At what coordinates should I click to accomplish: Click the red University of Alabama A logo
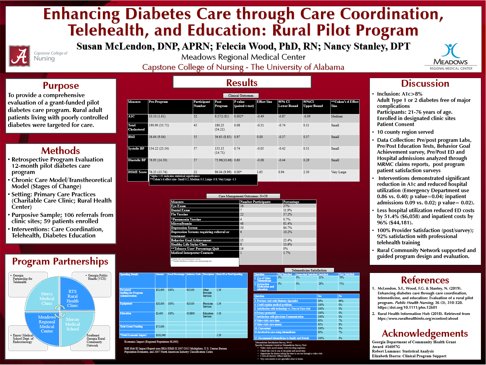pyautogui.click(x=19, y=56)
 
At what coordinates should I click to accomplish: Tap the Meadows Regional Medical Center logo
pyautogui.click(x=451, y=57)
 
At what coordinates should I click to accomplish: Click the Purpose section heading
pyautogui.click(x=61, y=86)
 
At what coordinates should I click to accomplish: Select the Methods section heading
pyautogui.click(x=60, y=150)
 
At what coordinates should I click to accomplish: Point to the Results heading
pyautogui.click(x=242, y=83)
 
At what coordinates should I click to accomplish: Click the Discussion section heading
pyautogui.click(x=425, y=83)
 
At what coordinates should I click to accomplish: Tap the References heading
pyautogui.click(x=425, y=280)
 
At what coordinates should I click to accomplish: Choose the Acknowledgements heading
pyautogui.click(x=425, y=333)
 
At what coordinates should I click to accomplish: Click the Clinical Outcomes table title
pyautogui.click(x=241, y=96)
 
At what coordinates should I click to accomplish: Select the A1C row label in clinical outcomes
pyautogui.click(x=131, y=117)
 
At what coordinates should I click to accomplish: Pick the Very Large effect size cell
pyautogui.click(x=339, y=172)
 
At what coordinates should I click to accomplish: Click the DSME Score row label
pyautogui.click(x=137, y=172)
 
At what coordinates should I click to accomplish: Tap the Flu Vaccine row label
pyautogui.click(x=179, y=215)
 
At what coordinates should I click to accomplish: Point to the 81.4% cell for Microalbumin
pyautogui.click(x=288, y=223)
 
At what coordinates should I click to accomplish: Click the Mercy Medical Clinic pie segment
pyautogui.click(x=47, y=299)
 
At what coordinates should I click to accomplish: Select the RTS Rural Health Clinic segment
pyautogui.click(x=72, y=298)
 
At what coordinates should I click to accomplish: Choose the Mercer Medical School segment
pyautogui.click(x=72, y=324)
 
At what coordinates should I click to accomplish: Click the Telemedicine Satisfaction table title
pyautogui.click(x=309, y=270)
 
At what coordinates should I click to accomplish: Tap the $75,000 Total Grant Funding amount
pyautogui.click(x=160, y=327)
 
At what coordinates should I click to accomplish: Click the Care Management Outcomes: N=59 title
pyautogui.click(x=243, y=196)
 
